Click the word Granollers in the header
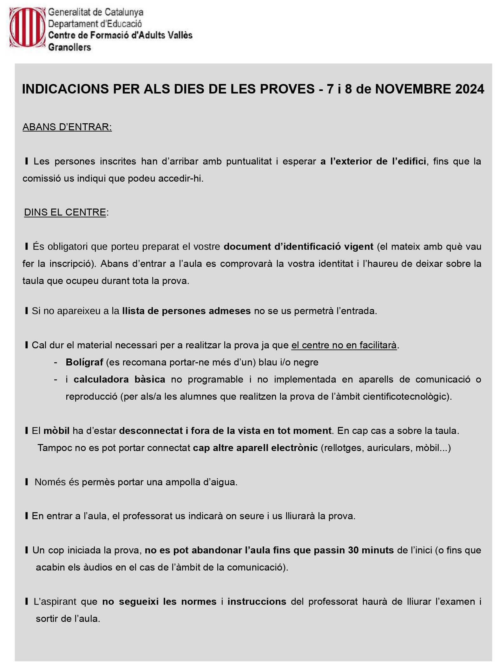pyautogui.click(x=69, y=47)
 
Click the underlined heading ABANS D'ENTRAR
pyautogui.click(x=67, y=127)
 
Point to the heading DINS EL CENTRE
pyautogui.click(x=65, y=212)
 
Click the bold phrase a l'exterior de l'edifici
pyautogui.click(x=373, y=161)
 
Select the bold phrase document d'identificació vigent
pyautogui.click(x=299, y=246)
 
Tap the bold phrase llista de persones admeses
pyautogui.click(x=186, y=311)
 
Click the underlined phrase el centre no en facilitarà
pyautogui.click(x=344, y=345)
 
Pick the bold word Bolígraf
pyautogui.click(x=84, y=362)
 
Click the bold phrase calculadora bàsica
pyautogui.click(x=119, y=379)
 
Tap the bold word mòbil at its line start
pyautogui.click(x=56, y=430)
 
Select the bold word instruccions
pyautogui.click(x=257, y=601)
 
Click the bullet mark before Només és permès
pyautogui.click(x=27, y=482)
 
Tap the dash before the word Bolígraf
pyautogui.click(x=56, y=362)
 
